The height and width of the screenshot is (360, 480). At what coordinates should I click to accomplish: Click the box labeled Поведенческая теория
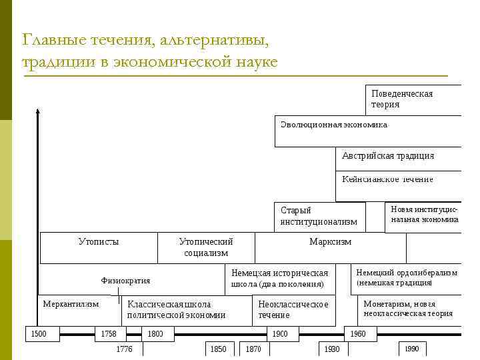pos(413,100)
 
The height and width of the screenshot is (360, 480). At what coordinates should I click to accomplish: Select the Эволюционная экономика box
pos(367,131)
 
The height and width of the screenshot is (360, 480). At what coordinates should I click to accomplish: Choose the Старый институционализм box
pos(319,216)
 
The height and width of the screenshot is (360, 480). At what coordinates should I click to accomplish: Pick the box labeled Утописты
pos(99,247)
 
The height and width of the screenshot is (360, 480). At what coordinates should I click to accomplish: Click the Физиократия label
pos(125,281)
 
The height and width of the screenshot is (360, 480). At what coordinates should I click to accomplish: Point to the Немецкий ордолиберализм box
pos(406,278)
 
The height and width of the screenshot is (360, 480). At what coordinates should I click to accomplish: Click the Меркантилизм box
pos(71,304)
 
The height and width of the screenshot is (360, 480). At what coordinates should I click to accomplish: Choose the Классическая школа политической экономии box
pos(176,310)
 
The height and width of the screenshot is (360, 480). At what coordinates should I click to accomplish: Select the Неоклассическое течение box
pos(293,309)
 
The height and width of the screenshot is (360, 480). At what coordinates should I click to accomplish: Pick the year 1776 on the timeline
pos(124,349)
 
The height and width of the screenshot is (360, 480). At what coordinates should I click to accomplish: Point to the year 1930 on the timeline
pos(331,349)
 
